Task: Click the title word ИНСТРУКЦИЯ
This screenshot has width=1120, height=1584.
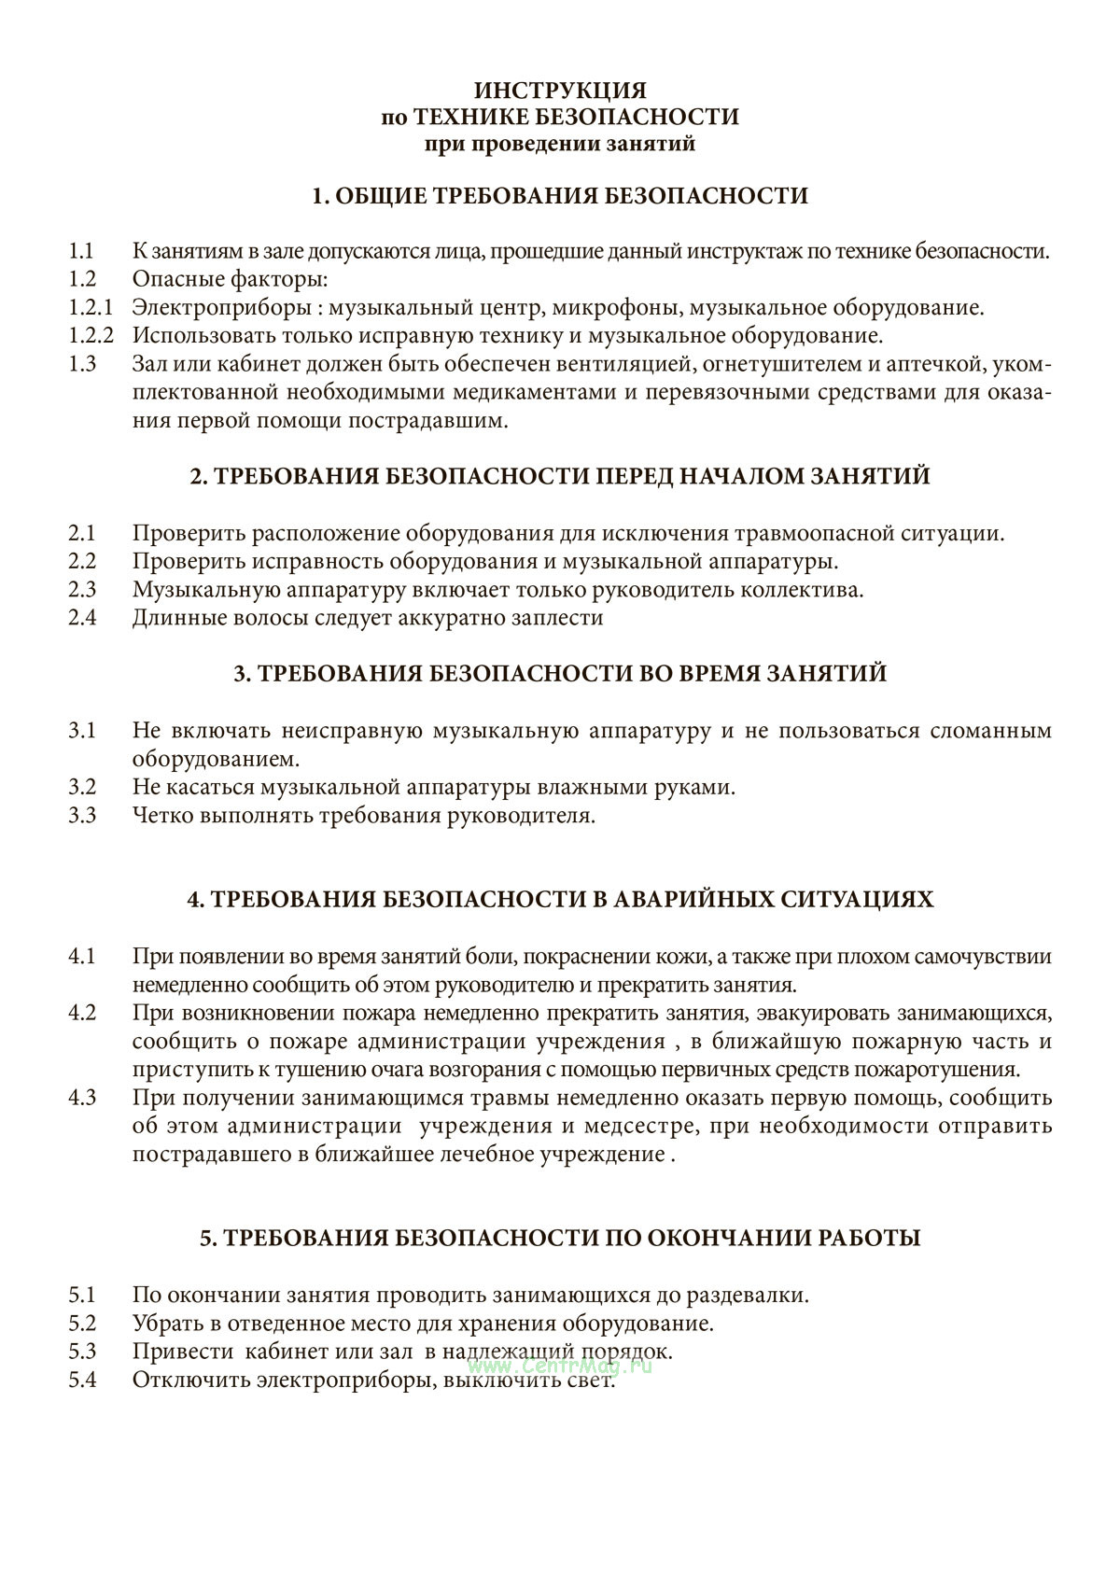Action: coord(560,91)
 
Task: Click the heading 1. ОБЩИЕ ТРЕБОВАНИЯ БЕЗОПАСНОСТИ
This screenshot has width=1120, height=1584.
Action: coord(560,196)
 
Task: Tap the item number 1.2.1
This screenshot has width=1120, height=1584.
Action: coord(91,307)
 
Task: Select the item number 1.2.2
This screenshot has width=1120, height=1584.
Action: coord(91,335)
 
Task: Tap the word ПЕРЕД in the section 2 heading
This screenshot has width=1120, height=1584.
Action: coord(632,476)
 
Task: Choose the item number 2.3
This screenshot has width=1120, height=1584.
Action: coord(82,590)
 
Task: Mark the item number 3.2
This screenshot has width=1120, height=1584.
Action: coord(82,787)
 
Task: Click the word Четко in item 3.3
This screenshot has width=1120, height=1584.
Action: coord(163,815)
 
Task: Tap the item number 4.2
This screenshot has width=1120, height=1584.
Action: coord(82,1014)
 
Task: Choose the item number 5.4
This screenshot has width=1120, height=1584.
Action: coord(82,1380)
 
